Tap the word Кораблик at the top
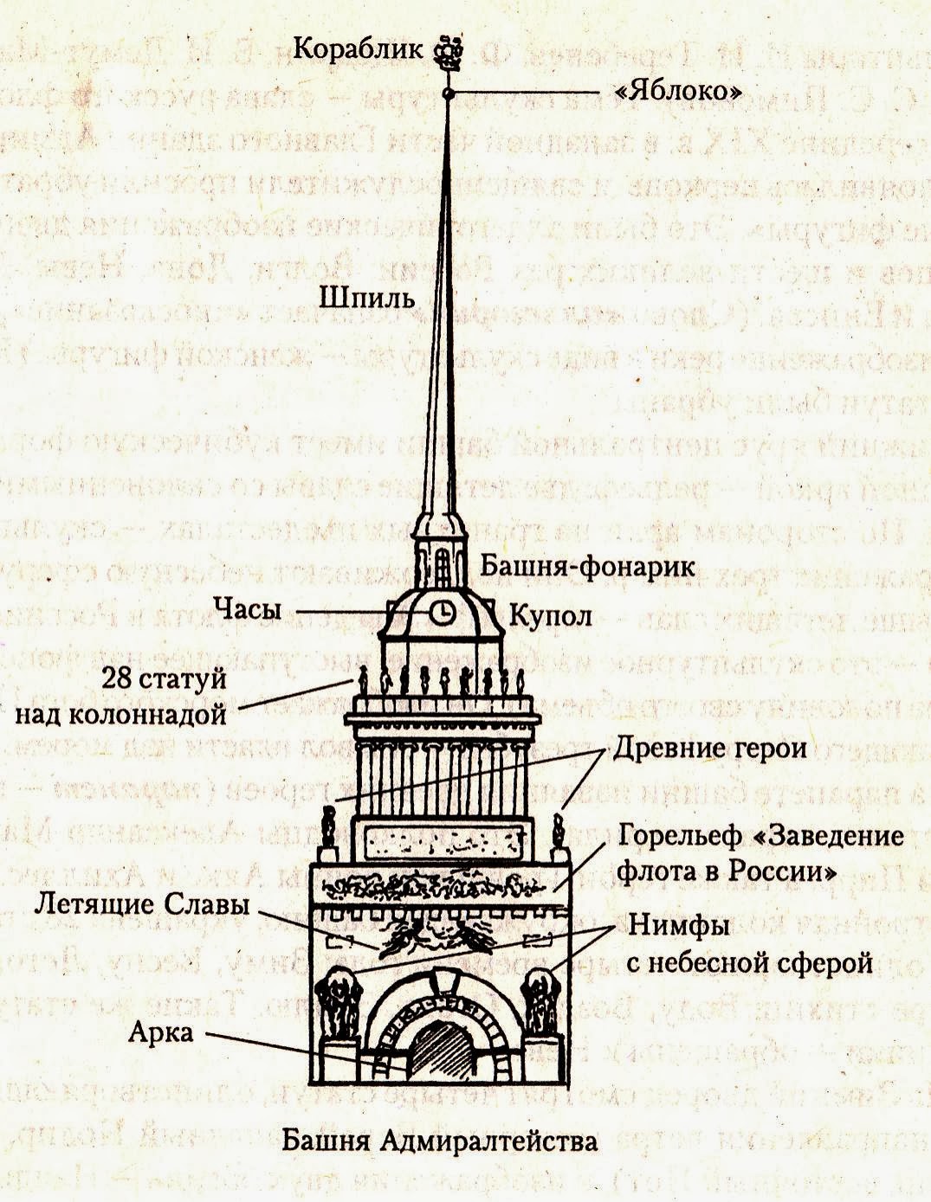(358, 48)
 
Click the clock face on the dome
(442, 612)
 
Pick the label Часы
(248, 610)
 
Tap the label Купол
(550, 616)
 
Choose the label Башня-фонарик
(588, 567)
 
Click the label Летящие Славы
(142, 905)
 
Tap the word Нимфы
(678, 926)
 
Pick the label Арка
(161, 1032)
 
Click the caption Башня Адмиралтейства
(439, 1141)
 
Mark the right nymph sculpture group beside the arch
(543, 1004)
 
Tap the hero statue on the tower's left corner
(327, 828)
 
